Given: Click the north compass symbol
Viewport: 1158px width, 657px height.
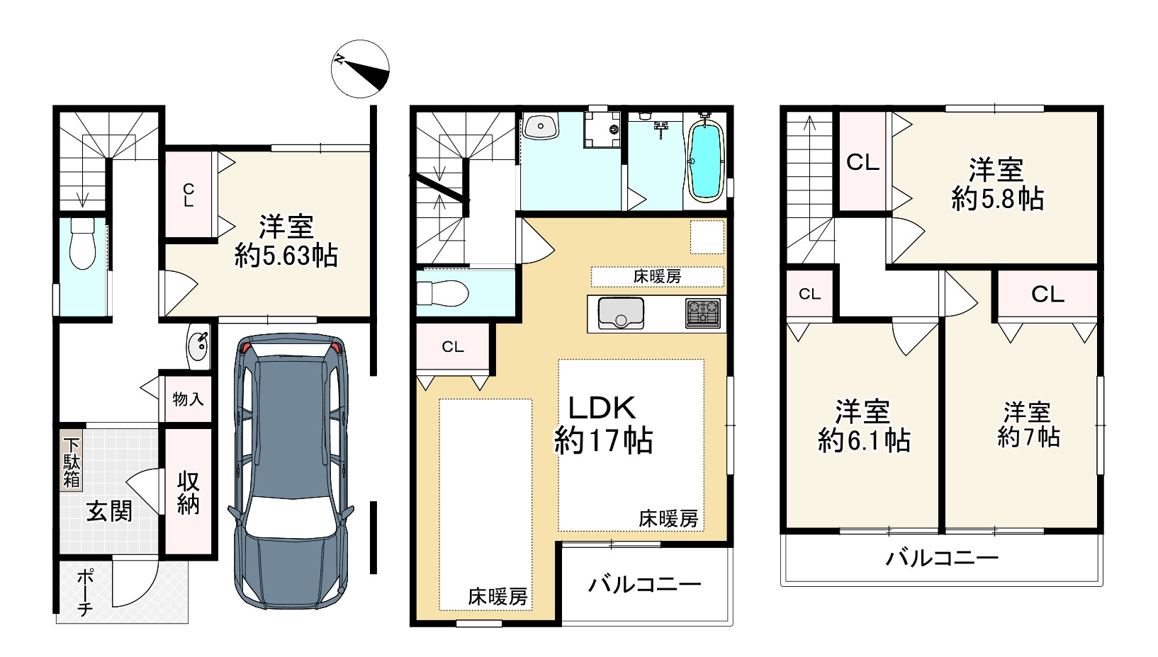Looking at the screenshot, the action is tap(360, 69).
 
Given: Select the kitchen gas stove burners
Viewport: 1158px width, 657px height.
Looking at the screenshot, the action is tap(703, 314).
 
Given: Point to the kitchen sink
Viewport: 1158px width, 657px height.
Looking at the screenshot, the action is tap(621, 314).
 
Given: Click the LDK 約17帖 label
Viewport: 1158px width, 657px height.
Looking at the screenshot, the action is tap(603, 425).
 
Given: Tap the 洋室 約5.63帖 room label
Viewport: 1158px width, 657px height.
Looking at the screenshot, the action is tap(286, 241).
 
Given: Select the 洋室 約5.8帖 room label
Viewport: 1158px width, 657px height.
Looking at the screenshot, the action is tap(997, 184).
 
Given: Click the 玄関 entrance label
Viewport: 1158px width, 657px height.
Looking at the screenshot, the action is tap(110, 511).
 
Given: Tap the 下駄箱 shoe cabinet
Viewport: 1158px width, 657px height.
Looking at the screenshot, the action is tap(72, 463).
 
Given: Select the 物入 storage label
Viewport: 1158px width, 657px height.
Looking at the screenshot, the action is tap(188, 399).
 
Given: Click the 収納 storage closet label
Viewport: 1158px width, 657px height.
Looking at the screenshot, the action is tap(189, 493).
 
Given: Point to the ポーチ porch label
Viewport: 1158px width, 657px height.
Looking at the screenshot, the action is tap(85, 593).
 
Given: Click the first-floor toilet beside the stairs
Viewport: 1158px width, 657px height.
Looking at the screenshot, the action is tap(83, 243).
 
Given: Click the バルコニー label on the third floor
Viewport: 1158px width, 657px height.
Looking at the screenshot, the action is tap(942, 559).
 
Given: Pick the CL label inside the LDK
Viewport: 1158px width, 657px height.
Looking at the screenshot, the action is tap(453, 347).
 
